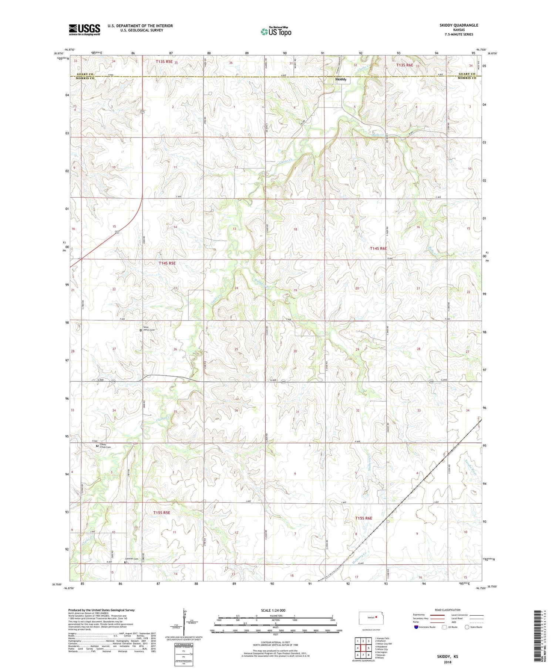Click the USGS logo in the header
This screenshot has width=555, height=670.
click(x=84, y=30)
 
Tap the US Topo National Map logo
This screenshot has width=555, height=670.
click(x=276, y=32)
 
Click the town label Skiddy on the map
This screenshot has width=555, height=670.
click(x=340, y=79)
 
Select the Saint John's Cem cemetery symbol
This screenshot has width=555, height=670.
click(x=141, y=330)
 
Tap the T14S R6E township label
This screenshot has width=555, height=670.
click(x=378, y=249)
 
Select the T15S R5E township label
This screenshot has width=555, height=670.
click(x=162, y=513)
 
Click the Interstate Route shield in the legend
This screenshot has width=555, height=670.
click(x=416, y=627)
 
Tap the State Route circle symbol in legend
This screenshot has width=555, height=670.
click(x=467, y=627)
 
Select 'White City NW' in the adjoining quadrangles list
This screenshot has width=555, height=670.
click(x=385, y=644)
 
